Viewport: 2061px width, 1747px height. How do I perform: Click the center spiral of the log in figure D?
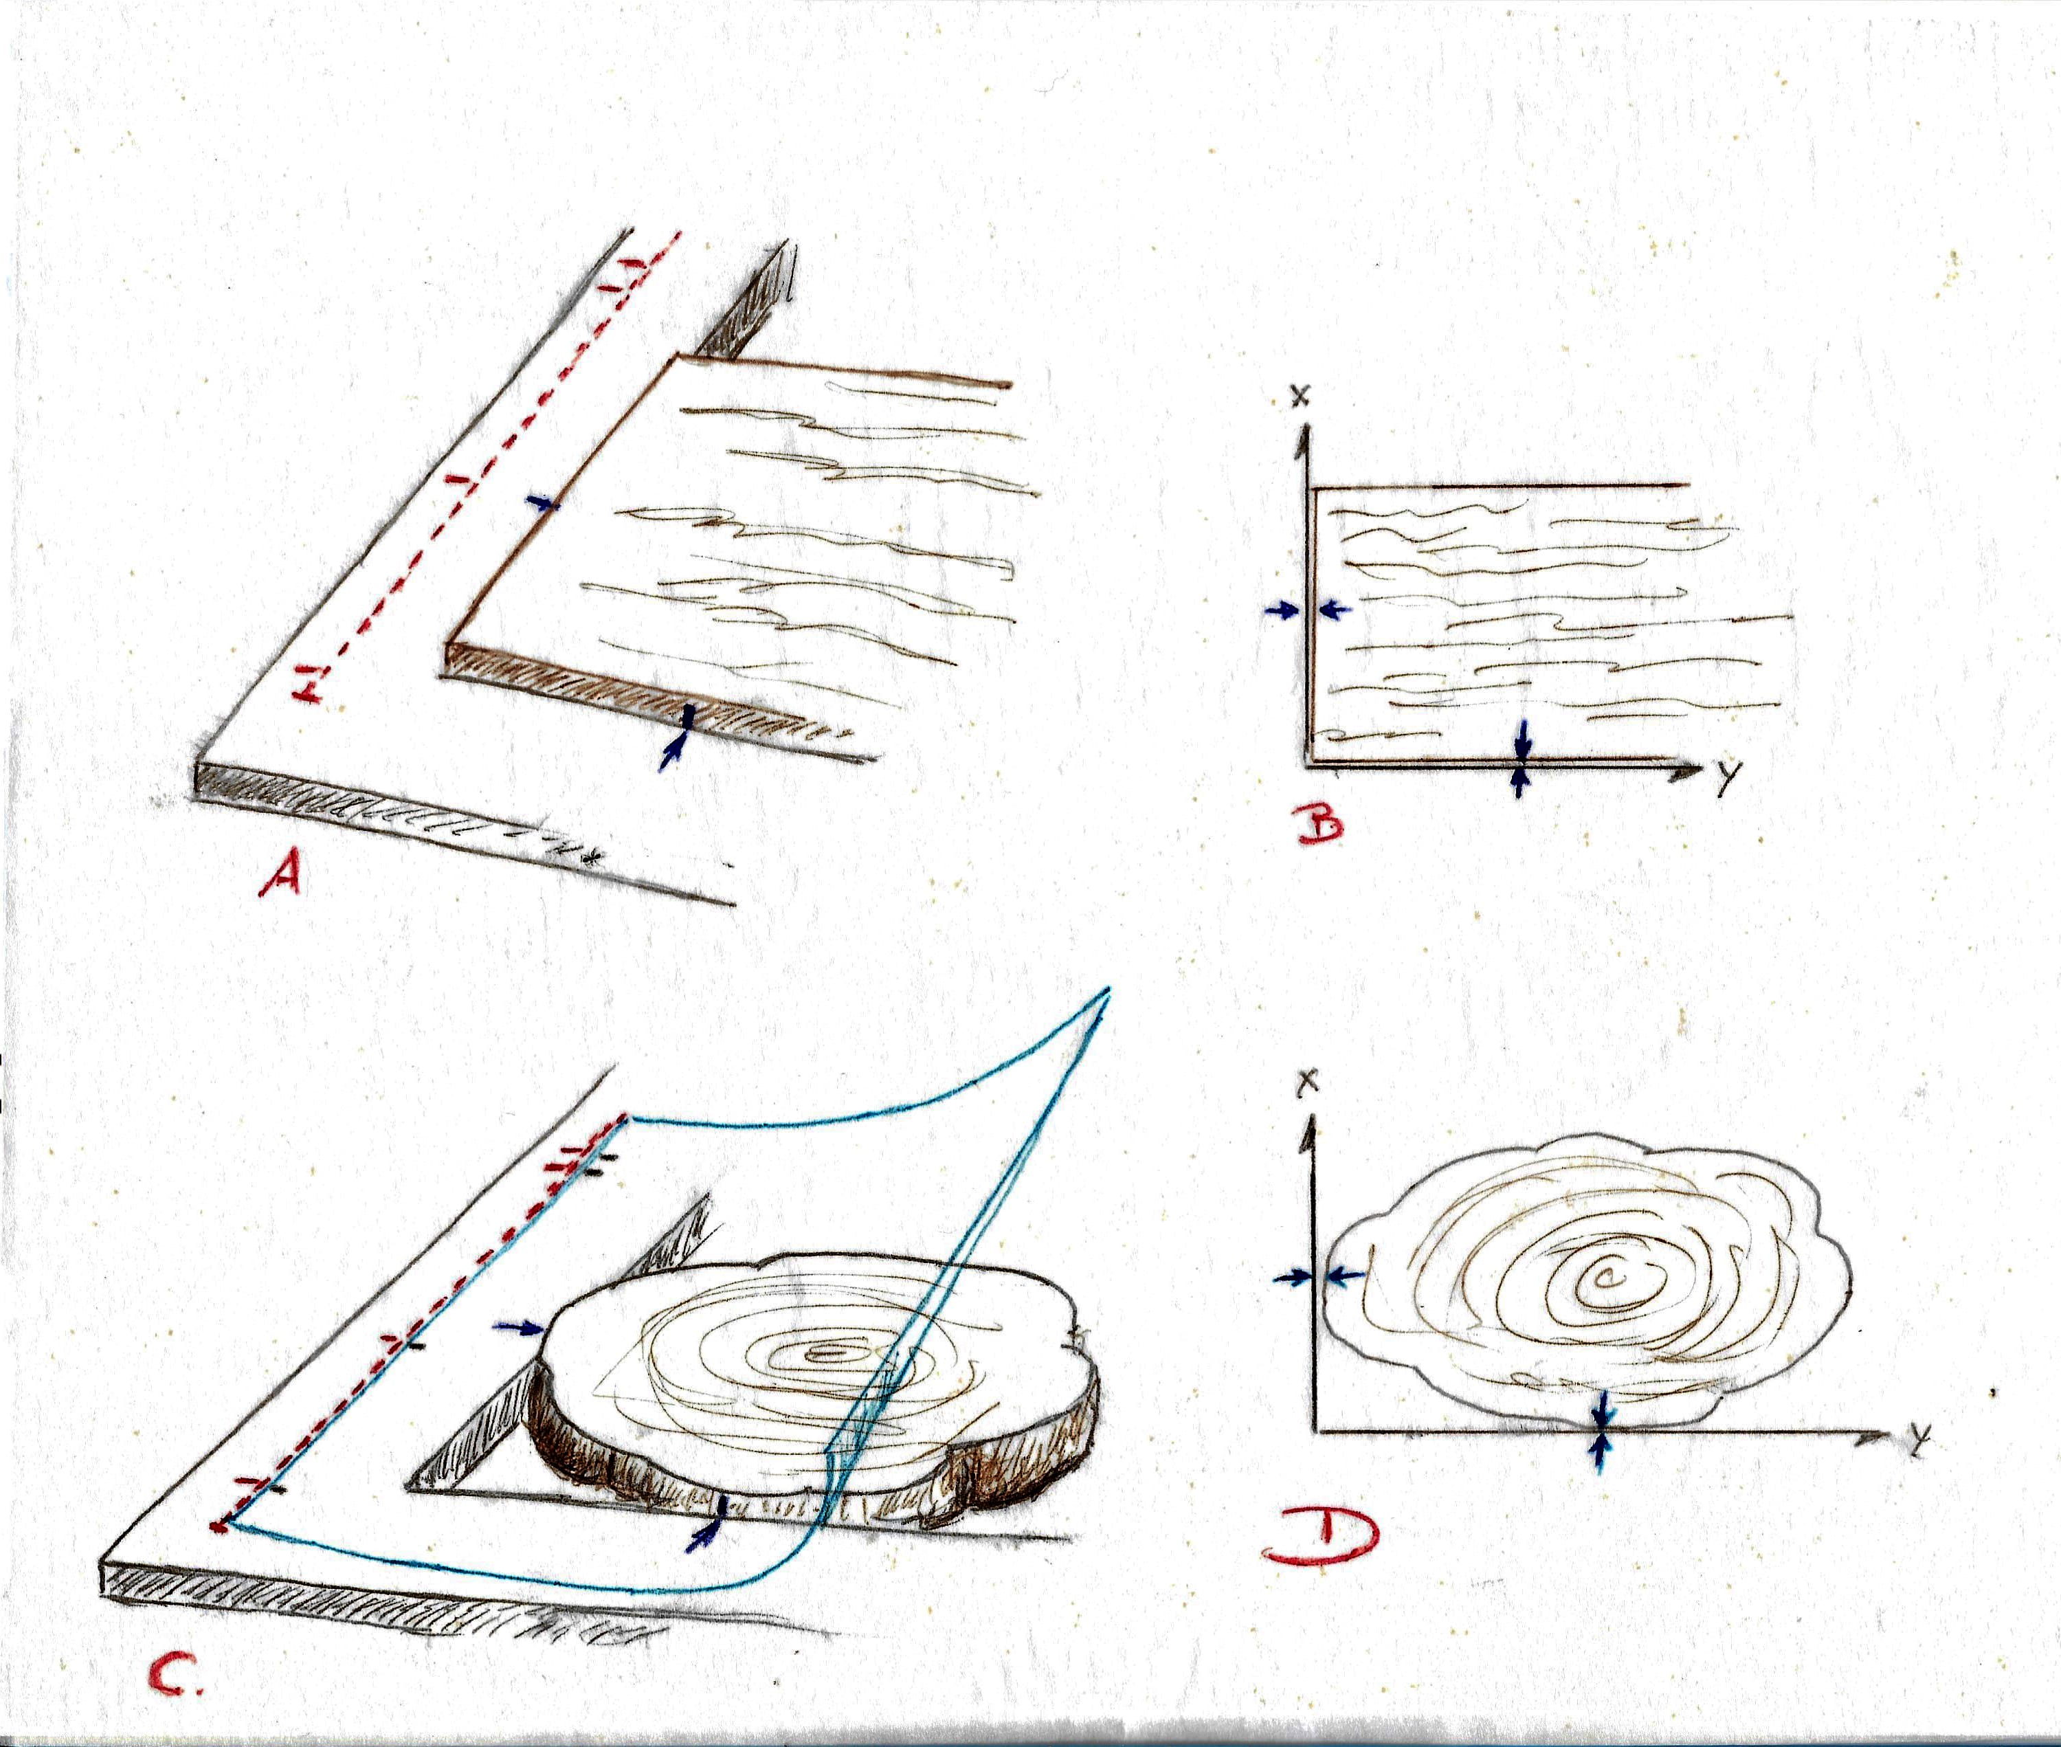1601,1280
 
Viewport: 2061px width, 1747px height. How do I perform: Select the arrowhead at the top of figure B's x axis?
1309,436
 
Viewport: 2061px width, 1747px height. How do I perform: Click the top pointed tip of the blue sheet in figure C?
1109,990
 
